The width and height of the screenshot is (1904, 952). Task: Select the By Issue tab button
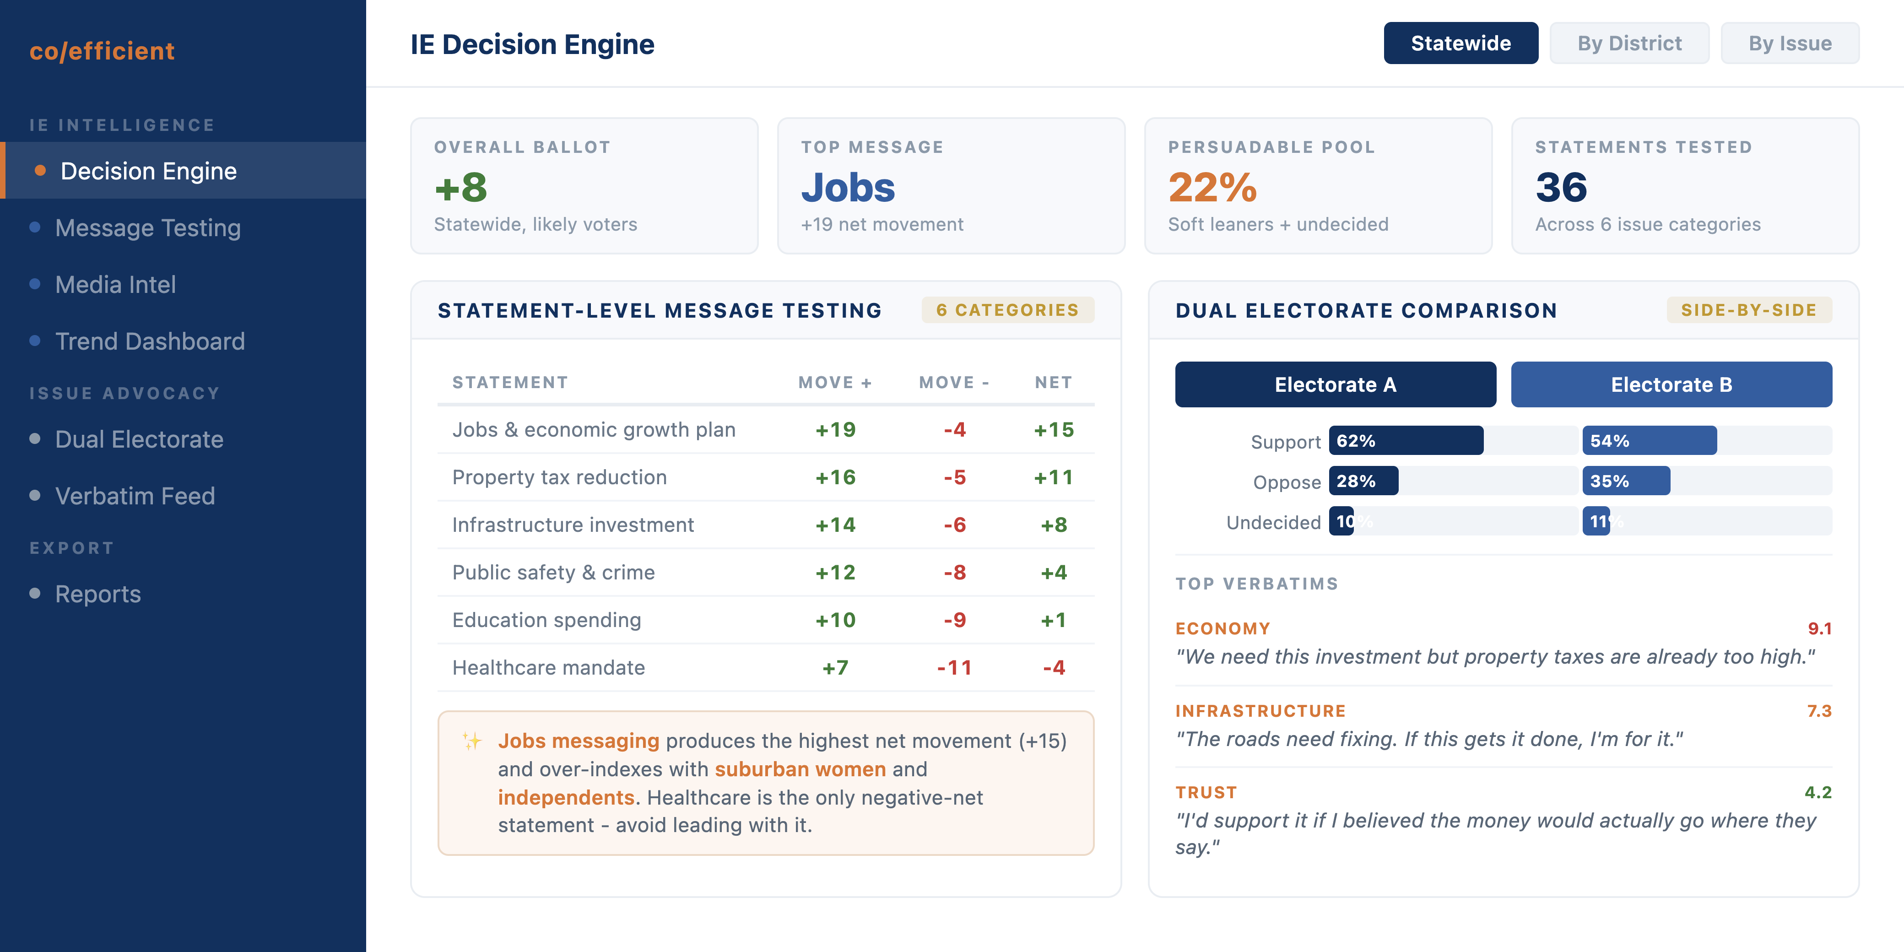point(1790,43)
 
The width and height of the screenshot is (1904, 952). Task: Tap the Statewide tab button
point(1460,43)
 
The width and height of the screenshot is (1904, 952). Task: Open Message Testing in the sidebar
point(148,227)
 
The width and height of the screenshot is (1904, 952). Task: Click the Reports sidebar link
point(97,594)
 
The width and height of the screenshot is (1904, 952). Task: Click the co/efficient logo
point(102,51)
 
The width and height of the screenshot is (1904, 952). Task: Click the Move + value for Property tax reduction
point(835,477)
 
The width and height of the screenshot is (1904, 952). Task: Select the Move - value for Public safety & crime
point(954,573)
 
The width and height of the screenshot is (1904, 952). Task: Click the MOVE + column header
point(834,383)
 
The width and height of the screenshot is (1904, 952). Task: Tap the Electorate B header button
point(1671,384)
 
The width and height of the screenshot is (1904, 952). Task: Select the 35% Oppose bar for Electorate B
point(1625,481)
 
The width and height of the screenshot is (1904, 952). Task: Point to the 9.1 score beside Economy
point(1819,629)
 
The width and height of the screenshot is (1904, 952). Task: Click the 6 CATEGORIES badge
point(1007,310)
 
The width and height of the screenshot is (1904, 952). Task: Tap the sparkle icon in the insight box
point(471,741)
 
